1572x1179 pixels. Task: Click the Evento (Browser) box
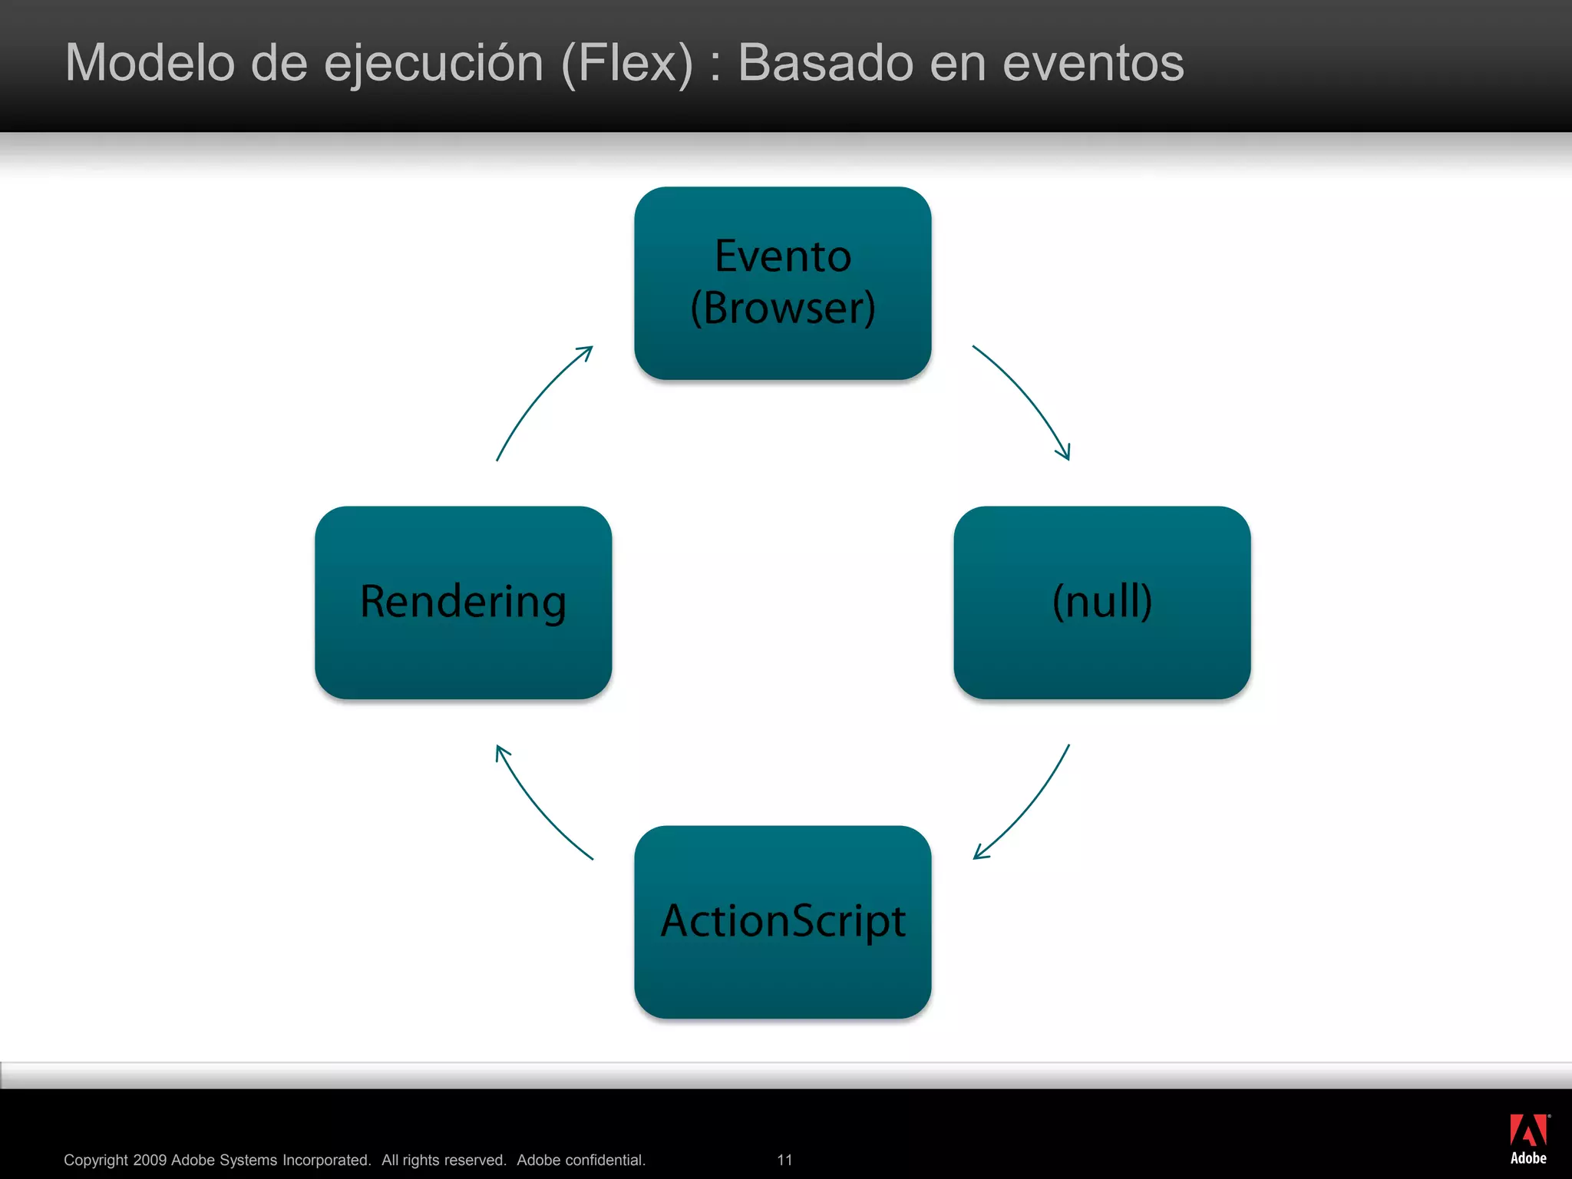[783, 282]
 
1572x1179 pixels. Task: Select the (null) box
[1102, 603]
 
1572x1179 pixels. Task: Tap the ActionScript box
[783, 922]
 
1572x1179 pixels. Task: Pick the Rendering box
[464, 603]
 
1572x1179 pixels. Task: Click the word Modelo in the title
[150, 63]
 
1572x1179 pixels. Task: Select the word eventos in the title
[1093, 63]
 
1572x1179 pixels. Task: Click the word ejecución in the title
[434, 63]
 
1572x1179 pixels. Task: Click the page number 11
[784, 1160]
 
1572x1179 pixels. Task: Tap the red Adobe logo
[1528, 1131]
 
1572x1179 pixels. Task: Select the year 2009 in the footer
[150, 1160]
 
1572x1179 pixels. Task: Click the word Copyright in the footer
[95, 1160]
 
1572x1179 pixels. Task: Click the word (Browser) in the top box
[783, 309]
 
